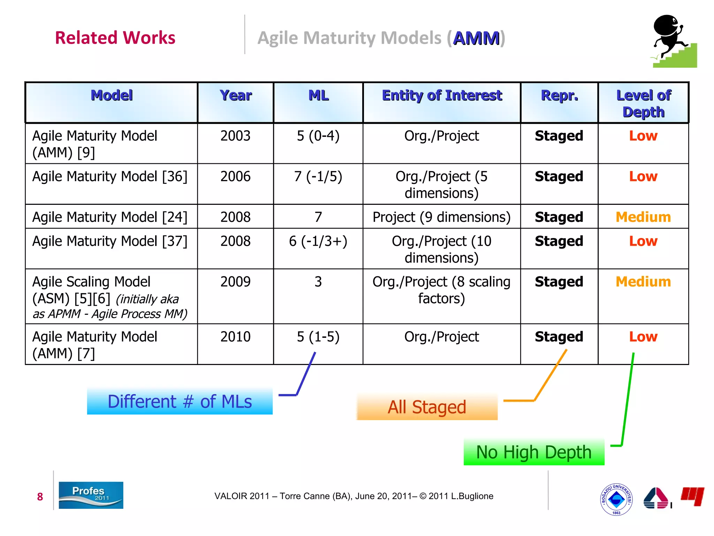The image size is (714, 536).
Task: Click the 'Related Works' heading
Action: [x=115, y=38]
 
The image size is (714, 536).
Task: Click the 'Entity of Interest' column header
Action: [x=442, y=96]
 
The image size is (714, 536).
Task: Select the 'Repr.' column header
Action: [x=559, y=96]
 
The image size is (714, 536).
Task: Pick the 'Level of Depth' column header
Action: [x=644, y=103]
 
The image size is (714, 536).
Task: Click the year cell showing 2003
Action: [x=235, y=136]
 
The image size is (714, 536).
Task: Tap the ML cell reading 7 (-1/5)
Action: [x=318, y=177]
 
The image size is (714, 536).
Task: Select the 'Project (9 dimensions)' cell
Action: [x=441, y=217]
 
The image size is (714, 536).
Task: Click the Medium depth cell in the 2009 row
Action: [x=643, y=282]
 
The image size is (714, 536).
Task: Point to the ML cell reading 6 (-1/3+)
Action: [x=318, y=241]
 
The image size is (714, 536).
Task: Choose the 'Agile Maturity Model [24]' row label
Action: [x=110, y=217]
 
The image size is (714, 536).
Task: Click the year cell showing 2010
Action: [x=235, y=337]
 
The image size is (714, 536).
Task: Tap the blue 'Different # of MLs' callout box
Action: [x=180, y=401]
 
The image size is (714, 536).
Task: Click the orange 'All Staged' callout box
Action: [x=427, y=407]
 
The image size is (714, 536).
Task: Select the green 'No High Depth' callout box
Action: [x=534, y=452]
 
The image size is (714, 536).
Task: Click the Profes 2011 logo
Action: [x=91, y=495]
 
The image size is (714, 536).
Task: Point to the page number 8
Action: [x=40, y=497]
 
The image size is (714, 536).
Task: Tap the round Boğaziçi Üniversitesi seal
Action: [x=616, y=499]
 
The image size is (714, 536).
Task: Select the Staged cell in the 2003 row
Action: [x=559, y=136]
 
